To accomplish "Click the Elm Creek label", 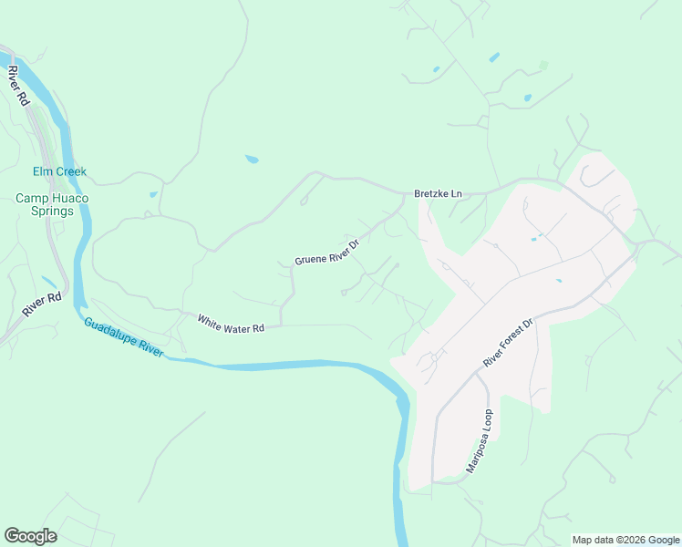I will (x=59, y=171).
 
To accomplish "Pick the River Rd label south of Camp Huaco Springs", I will (x=42, y=304).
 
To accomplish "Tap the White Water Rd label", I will (x=231, y=323).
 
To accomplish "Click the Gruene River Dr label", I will (x=327, y=253).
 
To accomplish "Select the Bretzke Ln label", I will (x=439, y=194).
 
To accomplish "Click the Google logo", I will (x=30, y=536).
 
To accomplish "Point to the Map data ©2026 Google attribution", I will (x=625, y=540).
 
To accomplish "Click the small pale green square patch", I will (x=544, y=66).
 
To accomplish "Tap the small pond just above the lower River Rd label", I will (x=47, y=282).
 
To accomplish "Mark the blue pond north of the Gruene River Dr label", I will (x=252, y=160).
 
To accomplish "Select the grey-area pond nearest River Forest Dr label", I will (x=557, y=281).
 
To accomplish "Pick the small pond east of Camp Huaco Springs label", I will (x=153, y=194).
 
